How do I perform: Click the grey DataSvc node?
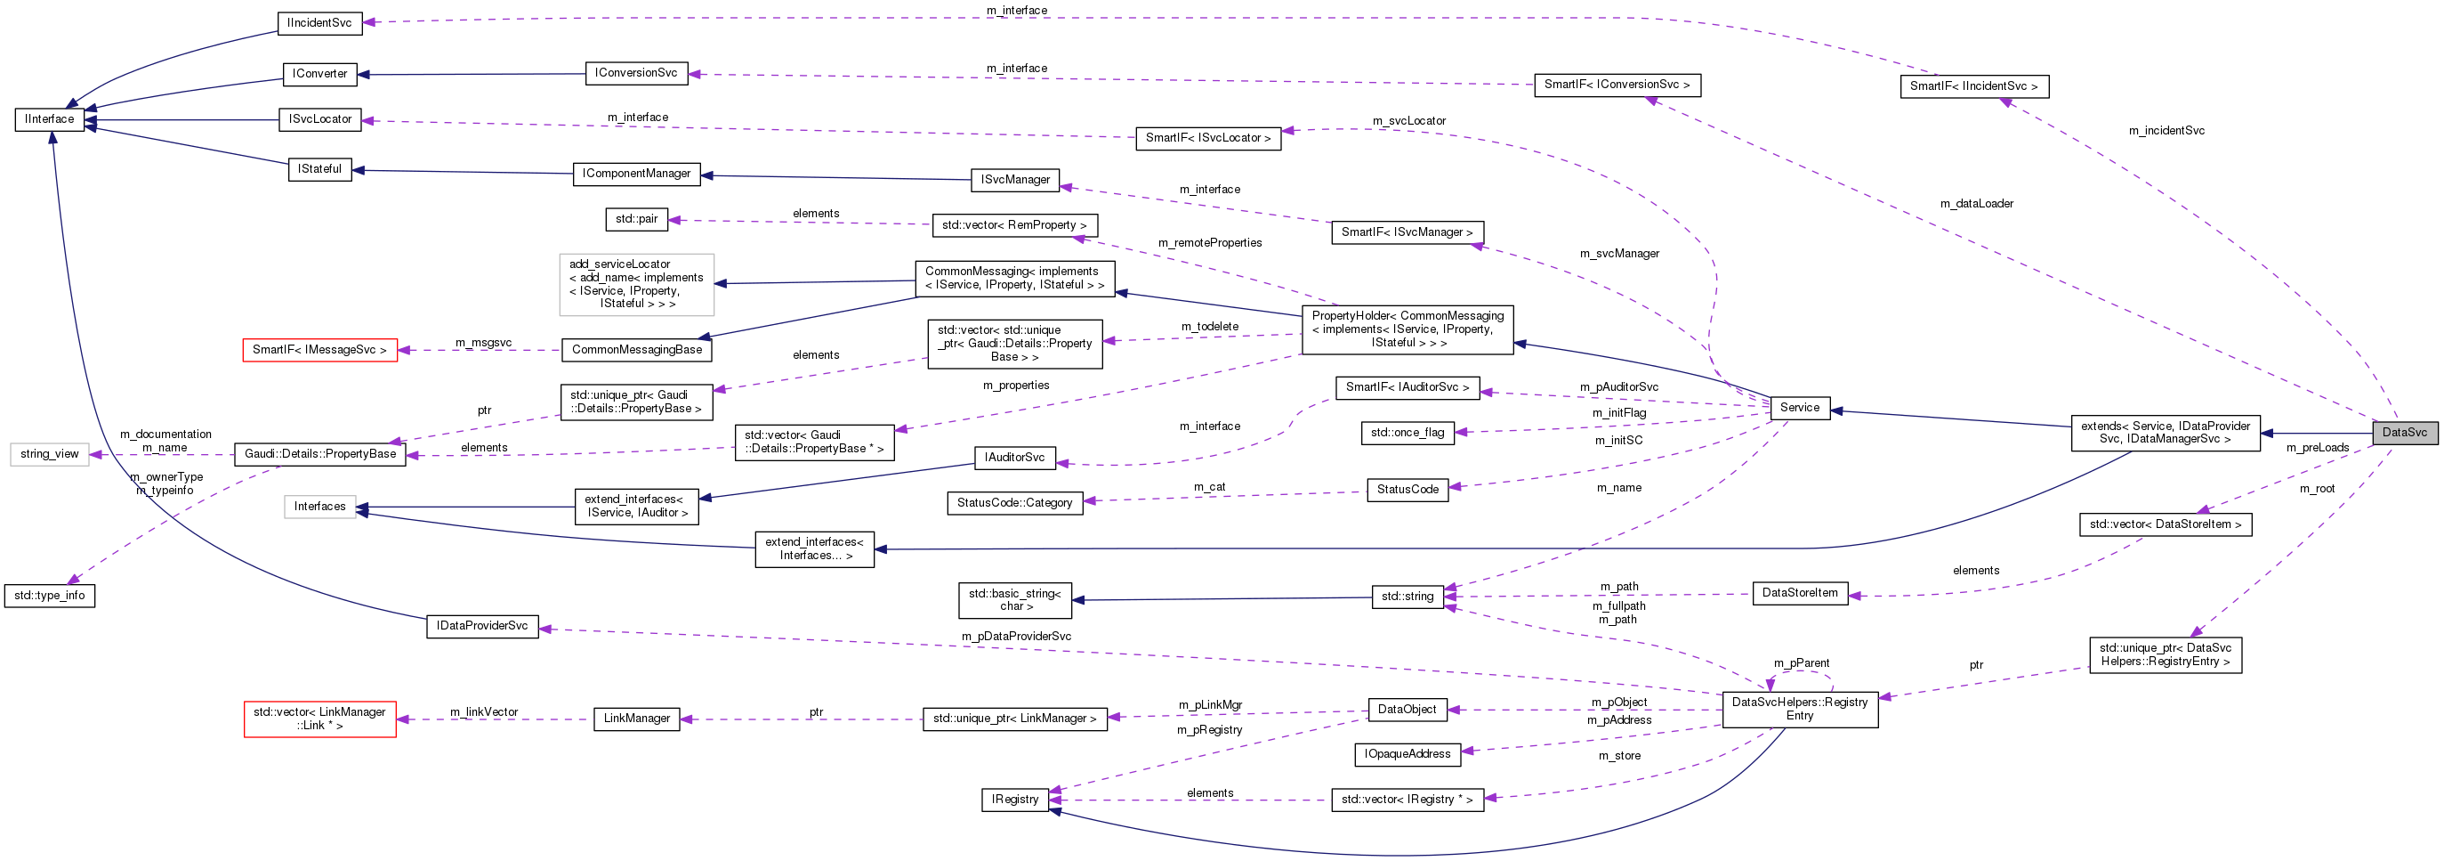click(2403, 432)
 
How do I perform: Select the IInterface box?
click(49, 119)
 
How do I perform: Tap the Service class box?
click(1799, 407)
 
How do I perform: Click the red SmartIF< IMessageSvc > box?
click(319, 350)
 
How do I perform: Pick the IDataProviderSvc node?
click(482, 626)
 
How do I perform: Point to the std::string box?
click(1407, 597)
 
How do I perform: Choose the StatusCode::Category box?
click(1014, 502)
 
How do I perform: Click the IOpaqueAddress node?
click(1407, 754)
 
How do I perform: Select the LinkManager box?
click(637, 719)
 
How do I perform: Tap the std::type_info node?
click(49, 595)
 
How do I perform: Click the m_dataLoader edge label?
click(1976, 203)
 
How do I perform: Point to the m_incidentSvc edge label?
click(2166, 131)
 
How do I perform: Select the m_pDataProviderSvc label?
click(1015, 636)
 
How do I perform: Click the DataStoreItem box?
click(1799, 592)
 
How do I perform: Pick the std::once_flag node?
click(1407, 433)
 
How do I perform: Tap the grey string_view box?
click(49, 454)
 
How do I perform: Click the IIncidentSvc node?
click(319, 23)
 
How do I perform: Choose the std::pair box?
click(635, 219)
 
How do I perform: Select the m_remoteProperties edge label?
click(1209, 243)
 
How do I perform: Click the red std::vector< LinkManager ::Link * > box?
click(319, 719)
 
